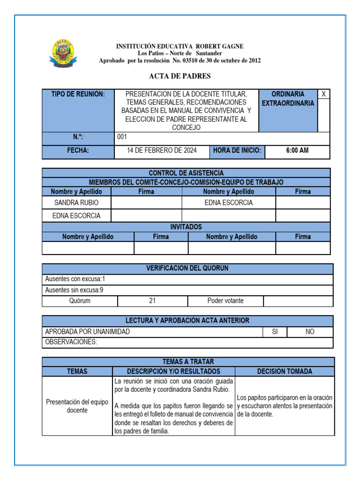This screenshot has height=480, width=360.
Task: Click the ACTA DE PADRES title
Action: click(x=180, y=76)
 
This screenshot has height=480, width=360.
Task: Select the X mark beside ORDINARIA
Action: click(x=323, y=94)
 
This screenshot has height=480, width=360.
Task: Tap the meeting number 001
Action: click(x=122, y=137)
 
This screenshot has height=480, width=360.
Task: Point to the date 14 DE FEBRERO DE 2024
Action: click(x=162, y=150)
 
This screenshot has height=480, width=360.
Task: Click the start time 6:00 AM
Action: click(x=297, y=150)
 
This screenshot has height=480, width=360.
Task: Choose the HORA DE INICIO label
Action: click(x=237, y=150)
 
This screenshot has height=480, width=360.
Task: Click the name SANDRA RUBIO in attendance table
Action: click(x=76, y=202)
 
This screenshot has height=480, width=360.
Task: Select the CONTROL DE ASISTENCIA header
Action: click(x=186, y=173)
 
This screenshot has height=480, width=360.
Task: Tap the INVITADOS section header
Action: click(x=186, y=227)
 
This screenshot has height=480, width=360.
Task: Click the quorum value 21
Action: click(x=152, y=301)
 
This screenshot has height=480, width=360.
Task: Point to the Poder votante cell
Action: click(x=225, y=301)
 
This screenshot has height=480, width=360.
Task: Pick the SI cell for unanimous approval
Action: click(x=275, y=332)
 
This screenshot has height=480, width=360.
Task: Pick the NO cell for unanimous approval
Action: click(x=310, y=332)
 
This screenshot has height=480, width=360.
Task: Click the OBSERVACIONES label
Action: click(x=71, y=342)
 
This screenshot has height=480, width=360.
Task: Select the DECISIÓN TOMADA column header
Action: click(x=285, y=371)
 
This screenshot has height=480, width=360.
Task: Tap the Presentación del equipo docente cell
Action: click(x=77, y=406)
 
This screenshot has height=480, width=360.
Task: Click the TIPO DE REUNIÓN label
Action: click(x=78, y=94)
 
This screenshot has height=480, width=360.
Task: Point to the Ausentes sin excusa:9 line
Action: click(x=74, y=290)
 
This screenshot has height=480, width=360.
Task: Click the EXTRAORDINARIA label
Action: click(x=288, y=103)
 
